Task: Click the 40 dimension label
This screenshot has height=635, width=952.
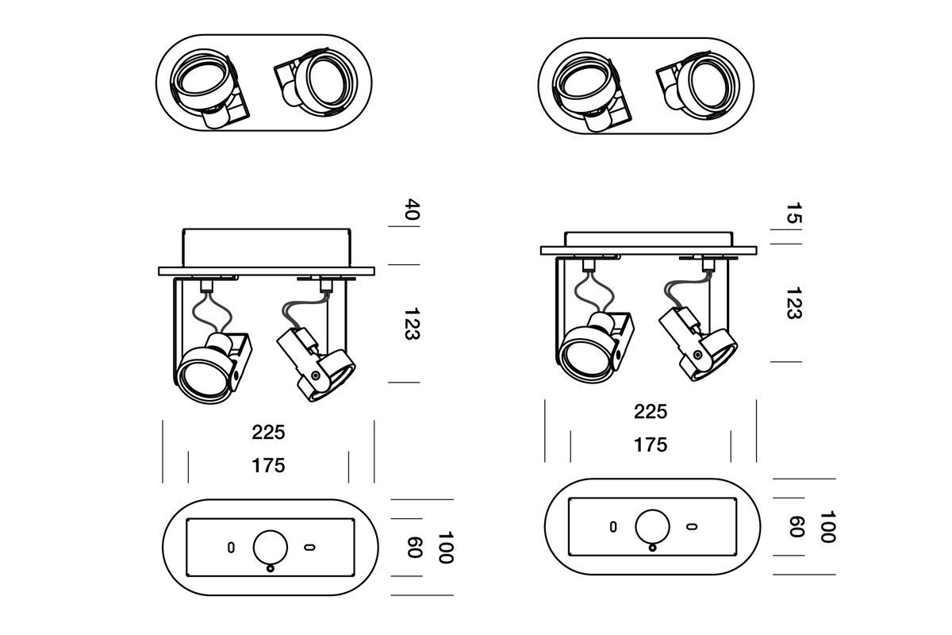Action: coord(412,211)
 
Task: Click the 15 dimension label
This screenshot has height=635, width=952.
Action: coord(794,214)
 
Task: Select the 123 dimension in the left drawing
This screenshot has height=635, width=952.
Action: coord(411,324)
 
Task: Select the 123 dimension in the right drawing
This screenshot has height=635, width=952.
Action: coord(793,303)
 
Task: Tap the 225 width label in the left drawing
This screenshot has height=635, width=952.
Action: coord(268,433)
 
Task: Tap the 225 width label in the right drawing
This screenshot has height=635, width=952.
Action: coord(651,412)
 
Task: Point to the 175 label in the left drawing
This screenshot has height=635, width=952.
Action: coord(268,466)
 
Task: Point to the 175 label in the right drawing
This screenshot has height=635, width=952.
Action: coord(651,445)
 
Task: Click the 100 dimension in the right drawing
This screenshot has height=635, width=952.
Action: coord(827,526)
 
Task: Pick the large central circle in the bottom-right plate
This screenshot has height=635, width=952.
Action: coord(652,526)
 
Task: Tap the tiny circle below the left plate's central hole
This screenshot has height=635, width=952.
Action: coord(271,568)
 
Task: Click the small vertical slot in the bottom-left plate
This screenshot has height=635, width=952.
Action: coord(231,547)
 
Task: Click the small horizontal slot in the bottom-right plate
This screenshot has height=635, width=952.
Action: coord(691,526)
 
